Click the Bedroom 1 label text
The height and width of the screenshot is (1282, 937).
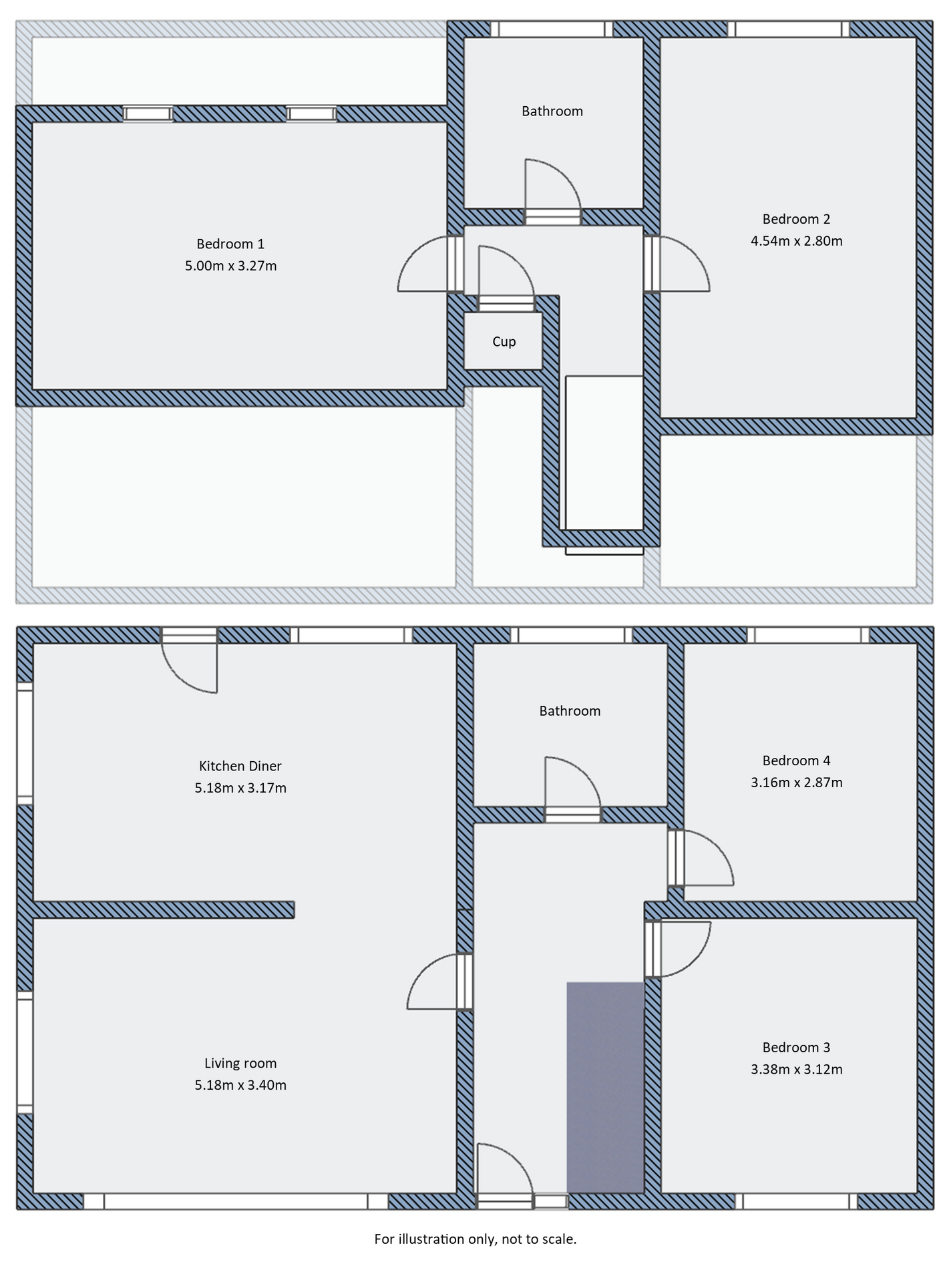point(230,244)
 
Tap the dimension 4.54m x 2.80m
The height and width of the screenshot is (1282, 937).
point(796,241)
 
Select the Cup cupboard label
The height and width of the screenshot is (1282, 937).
point(504,342)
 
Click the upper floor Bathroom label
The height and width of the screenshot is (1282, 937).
point(552,112)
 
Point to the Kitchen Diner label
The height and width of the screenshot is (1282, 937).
point(240,766)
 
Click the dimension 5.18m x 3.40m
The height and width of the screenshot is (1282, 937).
point(240,1085)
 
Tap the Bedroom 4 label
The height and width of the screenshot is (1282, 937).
point(796,761)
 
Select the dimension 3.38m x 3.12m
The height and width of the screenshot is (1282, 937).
point(796,1069)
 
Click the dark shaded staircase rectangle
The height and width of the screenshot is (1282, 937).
point(604,1087)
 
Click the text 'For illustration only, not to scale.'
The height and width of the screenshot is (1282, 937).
point(475,1239)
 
